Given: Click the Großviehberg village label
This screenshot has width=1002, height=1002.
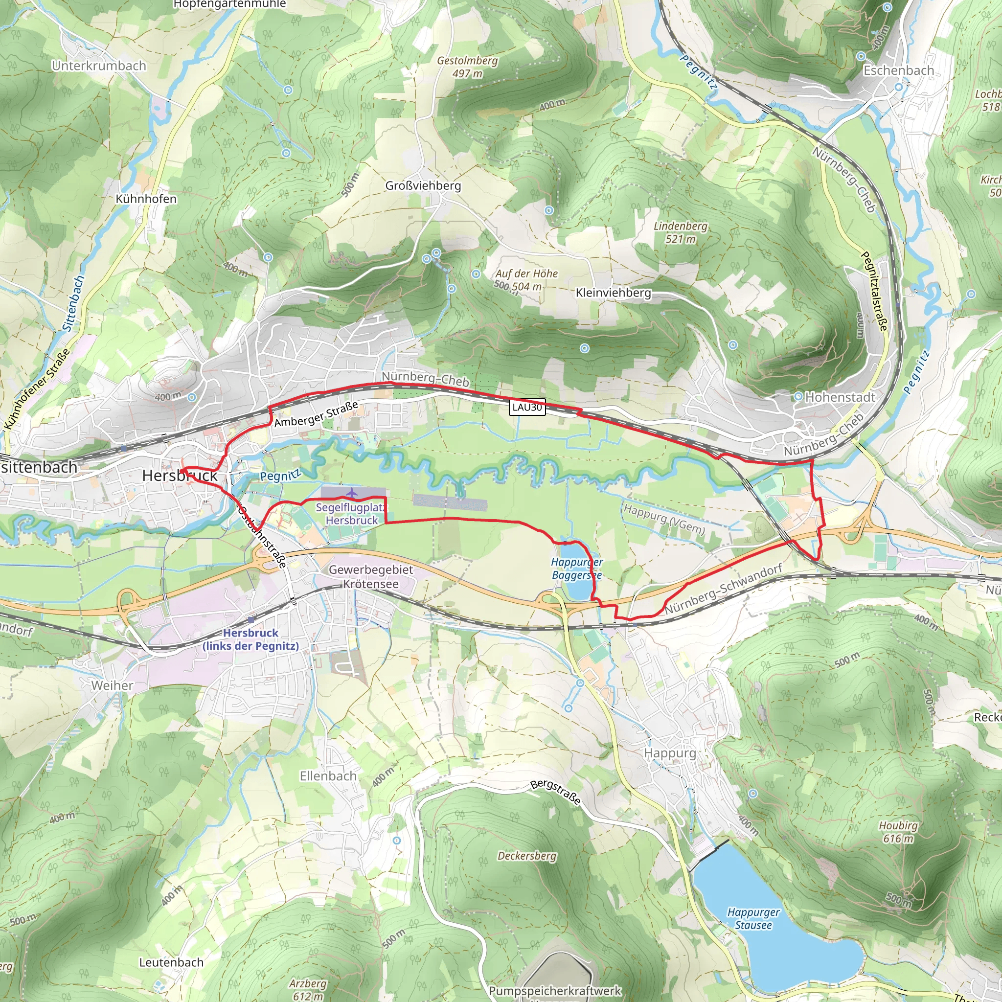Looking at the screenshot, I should tap(423, 185).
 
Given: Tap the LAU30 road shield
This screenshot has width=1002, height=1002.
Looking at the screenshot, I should tap(527, 407).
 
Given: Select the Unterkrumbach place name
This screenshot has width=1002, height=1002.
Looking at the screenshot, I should tap(98, 66).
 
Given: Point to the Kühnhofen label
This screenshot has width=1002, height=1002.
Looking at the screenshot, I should tap(146, 199).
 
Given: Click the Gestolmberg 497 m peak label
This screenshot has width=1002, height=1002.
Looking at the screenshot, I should tap(467, 67).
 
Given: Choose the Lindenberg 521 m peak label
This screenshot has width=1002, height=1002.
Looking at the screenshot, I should tap(681, 232).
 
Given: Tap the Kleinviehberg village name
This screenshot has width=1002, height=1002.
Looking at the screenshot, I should tap(613, 293).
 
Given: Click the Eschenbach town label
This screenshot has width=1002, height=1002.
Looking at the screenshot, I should tap(898, 70).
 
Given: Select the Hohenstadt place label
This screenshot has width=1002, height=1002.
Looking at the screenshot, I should tap(840, 397).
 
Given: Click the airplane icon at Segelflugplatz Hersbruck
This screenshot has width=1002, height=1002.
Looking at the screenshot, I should tap(352, 492).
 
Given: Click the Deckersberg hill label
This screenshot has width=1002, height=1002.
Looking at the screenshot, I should tap(527, 856).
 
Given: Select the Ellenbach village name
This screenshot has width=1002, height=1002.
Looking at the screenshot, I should tap(328, 776).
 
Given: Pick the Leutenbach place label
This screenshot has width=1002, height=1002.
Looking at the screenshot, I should tap(171, 962).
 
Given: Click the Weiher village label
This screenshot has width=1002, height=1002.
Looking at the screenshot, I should tap(112, 685).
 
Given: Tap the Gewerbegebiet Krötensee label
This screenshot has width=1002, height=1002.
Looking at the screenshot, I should tap(371, 577).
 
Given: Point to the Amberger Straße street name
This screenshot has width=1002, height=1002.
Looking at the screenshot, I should tap(317, 414).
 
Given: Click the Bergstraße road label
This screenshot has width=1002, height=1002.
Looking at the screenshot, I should tap(555, 792).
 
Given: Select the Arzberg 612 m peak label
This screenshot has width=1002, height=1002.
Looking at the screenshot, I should tap(308, 989).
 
